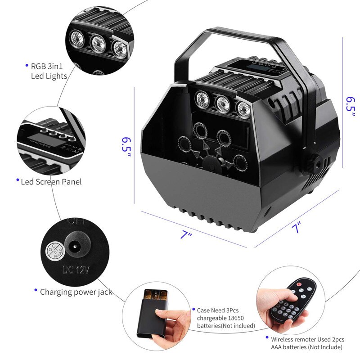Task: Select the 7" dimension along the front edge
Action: click(x=186, y=234)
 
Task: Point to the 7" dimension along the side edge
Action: click(x=295, y=228)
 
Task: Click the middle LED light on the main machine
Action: click(x=221, y=104)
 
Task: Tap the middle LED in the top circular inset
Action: click(x=99, y=42)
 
